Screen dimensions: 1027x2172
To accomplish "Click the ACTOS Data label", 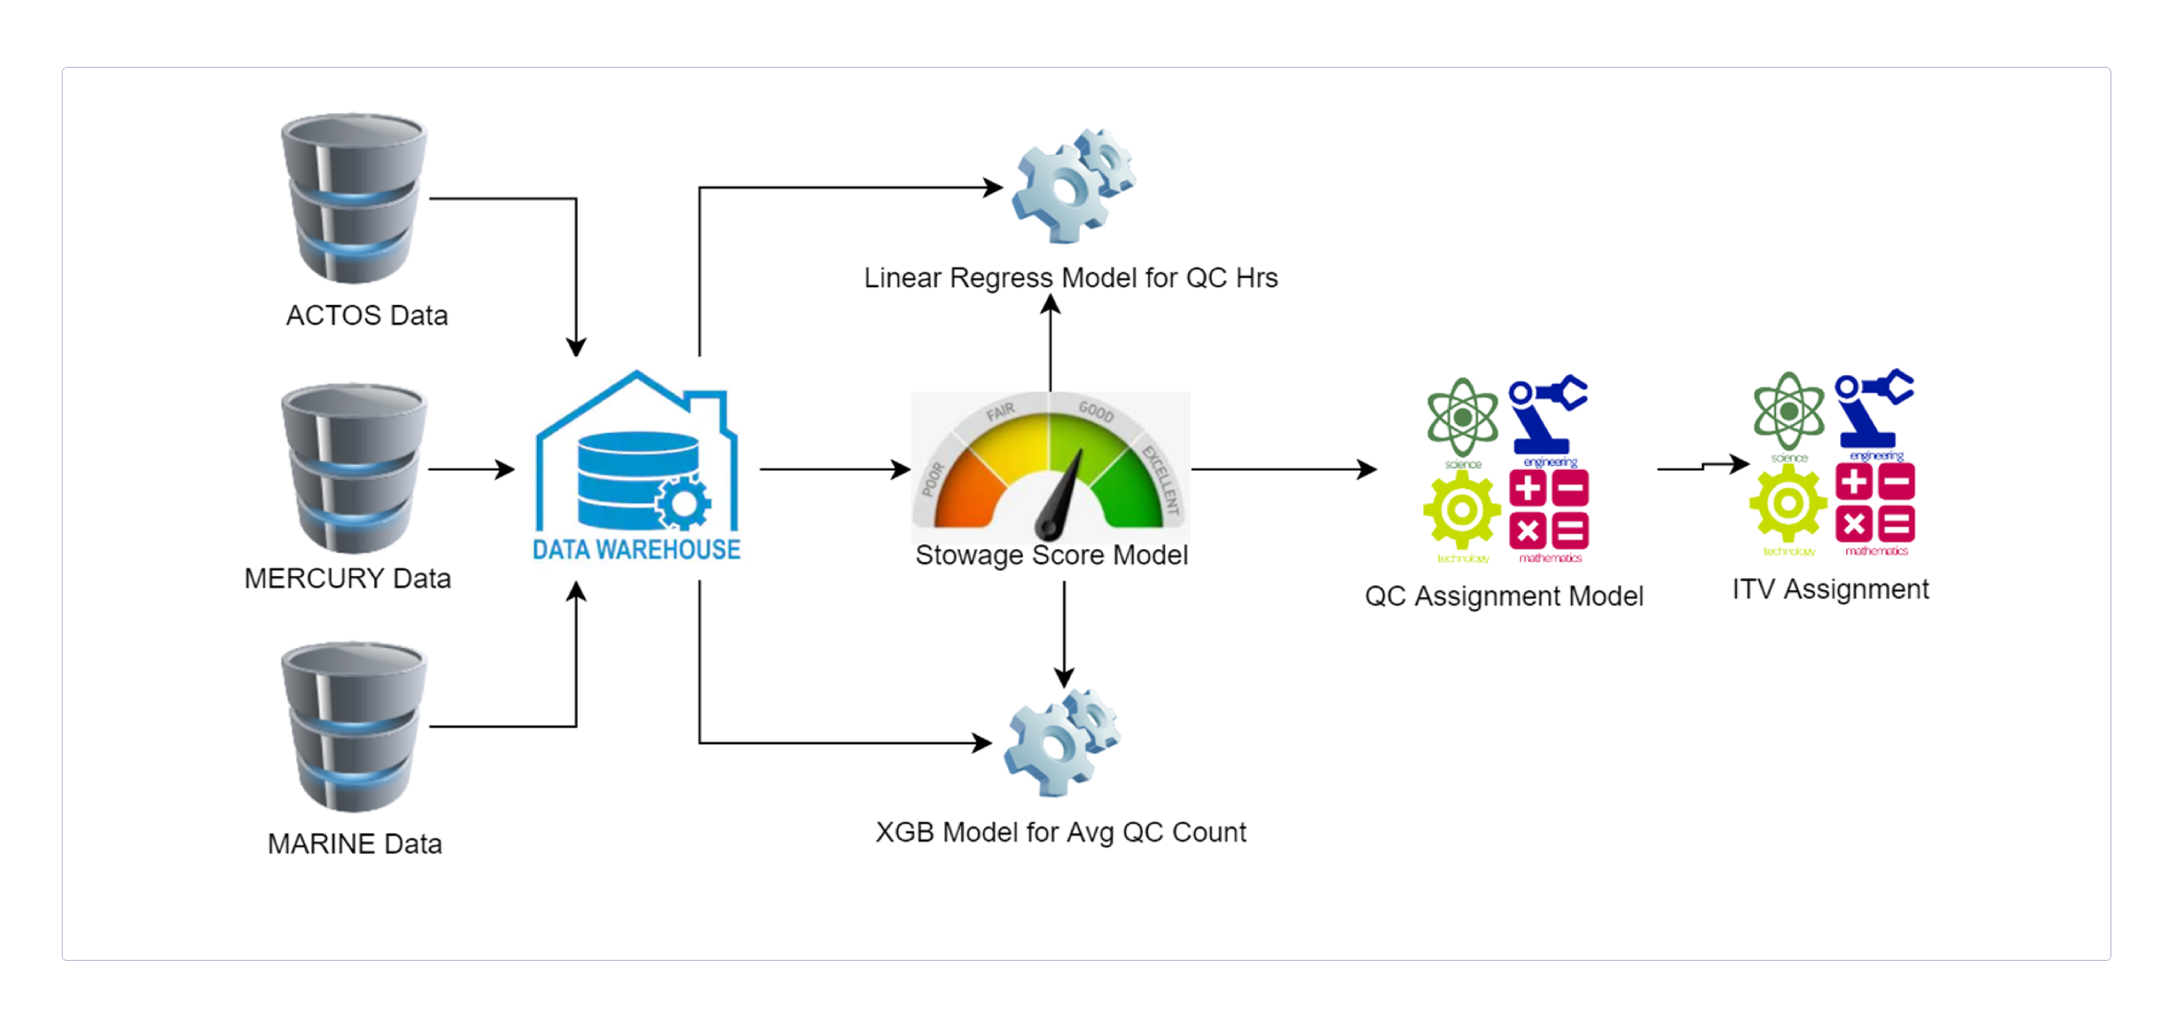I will (367, 315).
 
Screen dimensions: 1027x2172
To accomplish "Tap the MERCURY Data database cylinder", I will (354, 468).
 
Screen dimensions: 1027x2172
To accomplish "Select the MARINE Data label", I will (355, 843).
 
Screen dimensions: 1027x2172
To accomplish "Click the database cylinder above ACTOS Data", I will (354, 198).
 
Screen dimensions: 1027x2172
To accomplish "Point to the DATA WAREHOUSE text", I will (636, 550).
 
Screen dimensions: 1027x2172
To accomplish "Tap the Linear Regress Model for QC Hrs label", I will (1071, 277).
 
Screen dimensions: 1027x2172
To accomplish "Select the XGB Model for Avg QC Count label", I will (1061, 832).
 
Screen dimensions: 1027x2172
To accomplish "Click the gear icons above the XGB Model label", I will (1062, 742).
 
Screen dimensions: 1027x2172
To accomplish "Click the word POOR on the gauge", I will (932, 479).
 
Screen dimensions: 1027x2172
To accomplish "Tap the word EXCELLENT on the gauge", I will (1161, 479).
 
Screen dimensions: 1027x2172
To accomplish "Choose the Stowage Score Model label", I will (1052, 555).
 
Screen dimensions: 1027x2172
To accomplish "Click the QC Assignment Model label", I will (1504, 596).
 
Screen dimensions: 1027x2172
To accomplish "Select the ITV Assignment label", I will (1830, 589).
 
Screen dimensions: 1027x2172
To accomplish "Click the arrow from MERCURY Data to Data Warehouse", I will (472, 469).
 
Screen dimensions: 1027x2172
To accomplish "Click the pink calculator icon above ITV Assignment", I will (1875, 504).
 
